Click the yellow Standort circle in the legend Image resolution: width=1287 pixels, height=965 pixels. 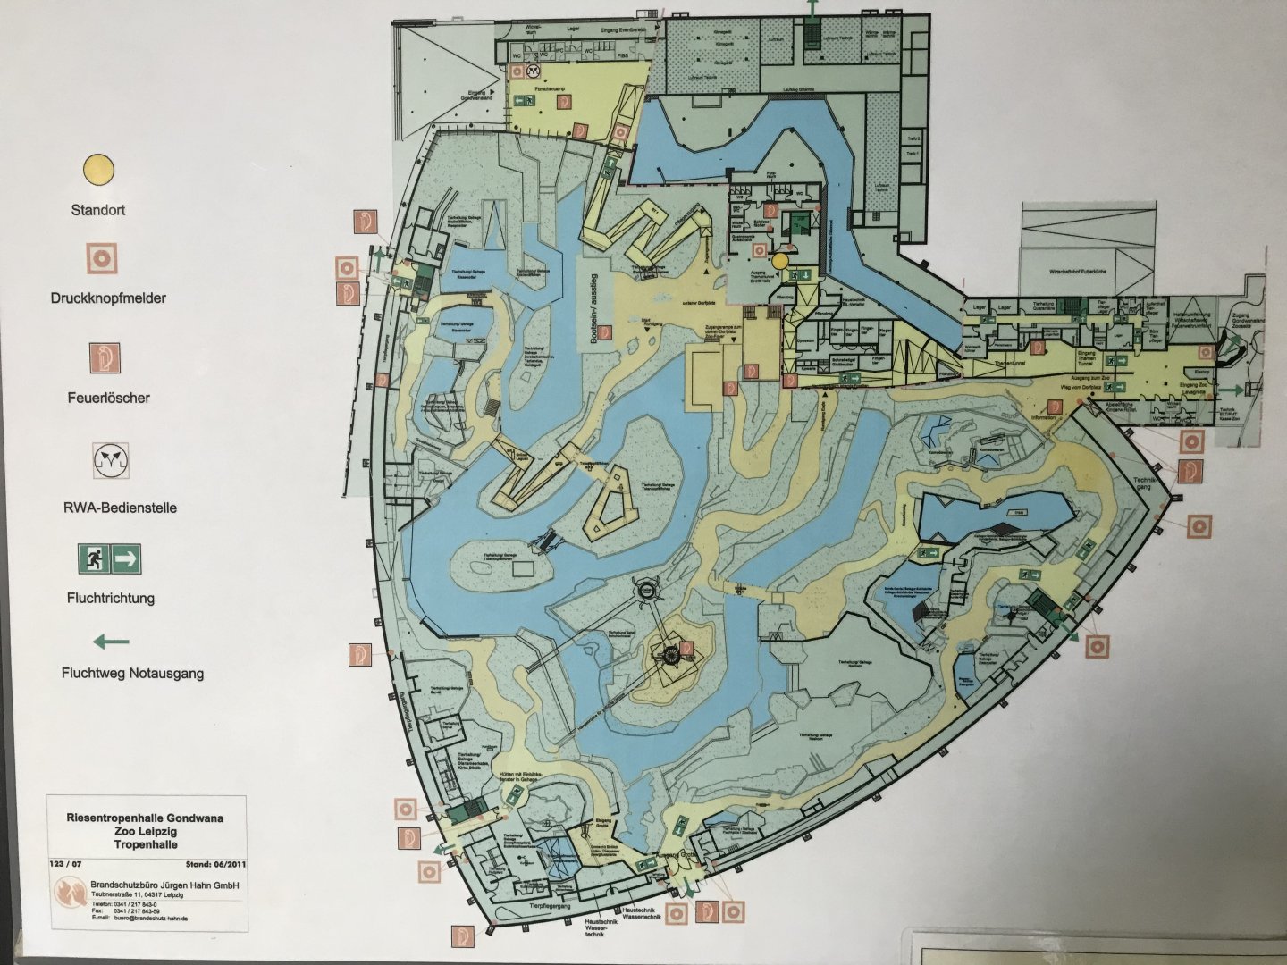(98, 168)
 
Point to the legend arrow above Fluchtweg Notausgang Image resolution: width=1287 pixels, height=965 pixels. (112, 641)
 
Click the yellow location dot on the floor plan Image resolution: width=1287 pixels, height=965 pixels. (780, 261)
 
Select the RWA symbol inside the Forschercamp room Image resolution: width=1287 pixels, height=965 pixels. (534, 69)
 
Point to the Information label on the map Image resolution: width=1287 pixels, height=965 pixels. (1043, 417)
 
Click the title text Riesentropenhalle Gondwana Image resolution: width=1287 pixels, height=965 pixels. (145, 817)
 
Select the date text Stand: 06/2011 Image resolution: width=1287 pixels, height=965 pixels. (215, 864)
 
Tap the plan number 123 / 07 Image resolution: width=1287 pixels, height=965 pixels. (68, 864)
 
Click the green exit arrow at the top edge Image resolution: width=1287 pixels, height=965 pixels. (812, 6)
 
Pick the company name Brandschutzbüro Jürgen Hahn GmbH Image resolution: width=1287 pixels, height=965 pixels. (165, 885)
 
